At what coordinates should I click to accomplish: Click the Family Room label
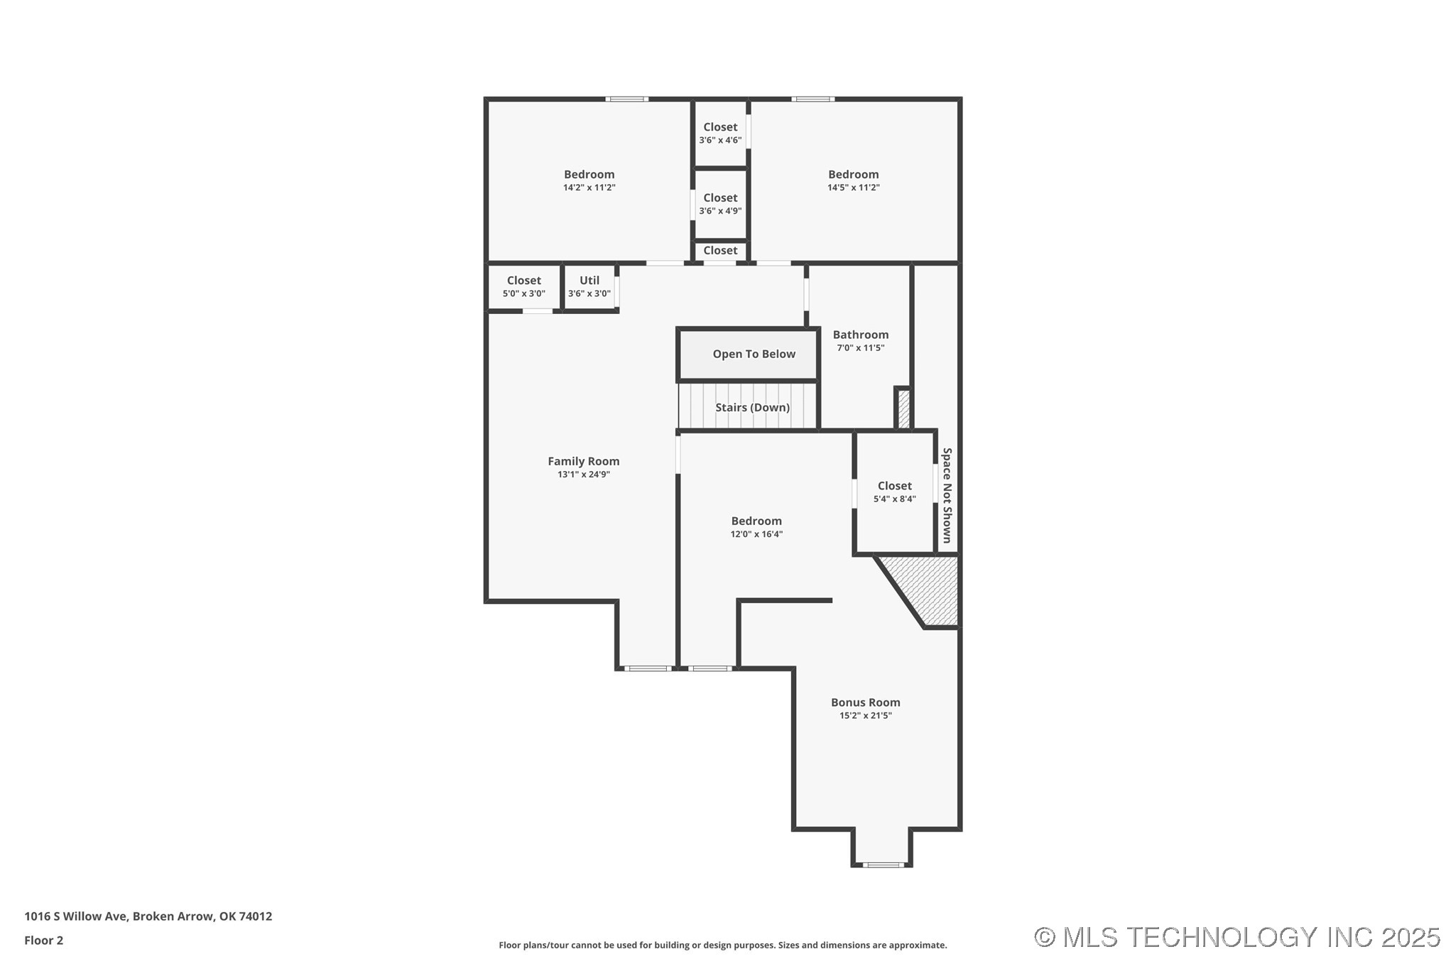[583, 461]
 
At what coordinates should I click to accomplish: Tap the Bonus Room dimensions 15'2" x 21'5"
[865, 715]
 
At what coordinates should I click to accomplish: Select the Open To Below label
[754, 354]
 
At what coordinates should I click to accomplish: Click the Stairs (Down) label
[752, 407]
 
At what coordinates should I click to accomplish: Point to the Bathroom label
[860, 335]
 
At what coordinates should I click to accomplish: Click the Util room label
[589, 281]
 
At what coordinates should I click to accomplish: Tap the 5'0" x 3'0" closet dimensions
[523, 293]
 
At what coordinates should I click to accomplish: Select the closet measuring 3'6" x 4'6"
[720, 133]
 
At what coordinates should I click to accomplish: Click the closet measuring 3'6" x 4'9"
[720, 204]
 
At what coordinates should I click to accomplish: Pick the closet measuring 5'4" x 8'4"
[894, 492]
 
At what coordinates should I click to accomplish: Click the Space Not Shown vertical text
[947, 494]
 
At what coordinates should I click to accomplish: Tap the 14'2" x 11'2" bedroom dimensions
[589, 188]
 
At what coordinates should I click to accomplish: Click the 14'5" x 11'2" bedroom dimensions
[853, 188]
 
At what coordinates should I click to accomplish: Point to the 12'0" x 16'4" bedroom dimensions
[756, 534]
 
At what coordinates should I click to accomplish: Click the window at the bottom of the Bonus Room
[883, 865]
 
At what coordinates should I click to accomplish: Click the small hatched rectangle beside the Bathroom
[903, 409]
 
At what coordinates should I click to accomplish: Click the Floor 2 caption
[43, 940]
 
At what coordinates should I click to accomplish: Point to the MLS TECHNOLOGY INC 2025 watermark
[1236, 937]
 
